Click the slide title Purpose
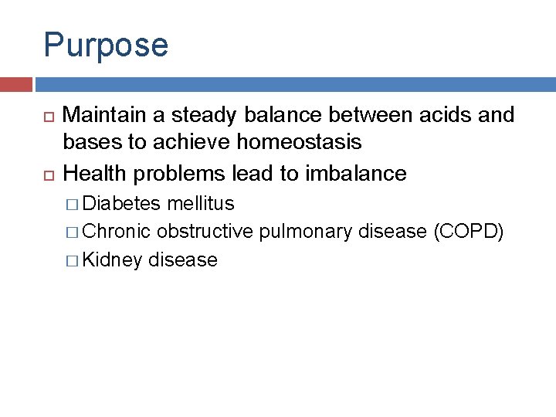[106, 45]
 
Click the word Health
[95, 173]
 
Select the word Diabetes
[122, 204]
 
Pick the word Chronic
[117, 232]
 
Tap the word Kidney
[113, 260]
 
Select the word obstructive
[205, 232]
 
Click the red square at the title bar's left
[15, 84]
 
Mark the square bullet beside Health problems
[47, 175]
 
